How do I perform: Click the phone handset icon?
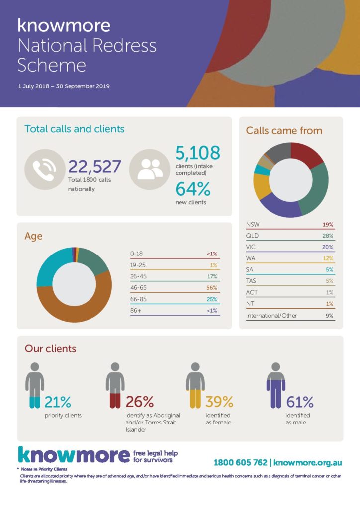coord(45,170)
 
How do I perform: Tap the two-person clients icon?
coord(150,170)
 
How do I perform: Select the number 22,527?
coord(94,167)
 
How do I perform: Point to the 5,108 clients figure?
coord(198,153)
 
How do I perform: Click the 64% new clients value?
coord(193,189)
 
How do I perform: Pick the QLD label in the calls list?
coord(252,236)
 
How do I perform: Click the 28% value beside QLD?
coord(328,236)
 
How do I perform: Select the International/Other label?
coord(271,315)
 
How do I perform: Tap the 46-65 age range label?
coord(138,288)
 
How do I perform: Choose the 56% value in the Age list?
coord(212,288)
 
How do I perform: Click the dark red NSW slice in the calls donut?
coord(306,154)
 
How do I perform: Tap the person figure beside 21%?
coord(35,385)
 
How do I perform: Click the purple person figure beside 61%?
coord(276,385)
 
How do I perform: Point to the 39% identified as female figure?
coord(219,402)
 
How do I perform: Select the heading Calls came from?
coord(284,131)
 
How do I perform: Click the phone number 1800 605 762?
coord(241,462)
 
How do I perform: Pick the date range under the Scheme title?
coord(64,86)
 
